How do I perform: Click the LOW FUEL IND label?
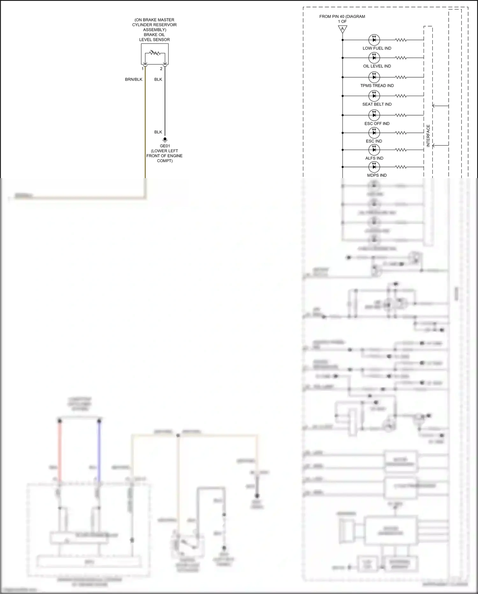pos(377,48)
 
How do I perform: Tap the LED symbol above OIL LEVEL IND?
pos(374,58)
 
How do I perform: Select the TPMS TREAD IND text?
pos(377,86)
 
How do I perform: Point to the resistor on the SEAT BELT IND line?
pos(401,96)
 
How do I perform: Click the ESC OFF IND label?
pos(377,124)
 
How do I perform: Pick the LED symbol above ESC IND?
pos(374,133)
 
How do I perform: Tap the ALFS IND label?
pos(374,158)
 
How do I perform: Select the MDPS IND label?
pos(377,175)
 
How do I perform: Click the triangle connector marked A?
pos(342,29)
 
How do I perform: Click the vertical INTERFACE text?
pos(428,136)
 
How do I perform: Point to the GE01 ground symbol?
pos(165,140)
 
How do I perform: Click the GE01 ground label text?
pos(164,153)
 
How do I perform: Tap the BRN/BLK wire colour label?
pos(134,79)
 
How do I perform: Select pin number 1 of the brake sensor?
pos(142,69)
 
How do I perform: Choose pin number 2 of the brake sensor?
pos(161,69)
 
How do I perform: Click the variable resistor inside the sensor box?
pos(155,52)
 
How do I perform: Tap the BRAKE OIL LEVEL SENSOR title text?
pos(154,37)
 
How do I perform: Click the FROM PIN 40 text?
pos(342,17)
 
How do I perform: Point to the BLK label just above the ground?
pos(158,132)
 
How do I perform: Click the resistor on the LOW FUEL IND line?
pos(401,40)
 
